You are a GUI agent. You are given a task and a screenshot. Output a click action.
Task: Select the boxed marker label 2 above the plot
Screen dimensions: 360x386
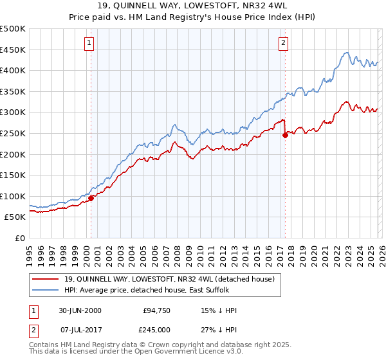[283, 43]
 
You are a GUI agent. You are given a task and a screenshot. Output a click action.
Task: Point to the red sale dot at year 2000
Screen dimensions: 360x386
[91, 198]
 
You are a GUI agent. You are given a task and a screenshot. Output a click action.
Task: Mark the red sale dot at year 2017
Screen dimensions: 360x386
[285, 134]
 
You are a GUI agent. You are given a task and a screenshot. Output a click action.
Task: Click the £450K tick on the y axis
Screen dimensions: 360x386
[13, 50]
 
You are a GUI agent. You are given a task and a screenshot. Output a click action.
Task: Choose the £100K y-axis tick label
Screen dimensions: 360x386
[13, 196]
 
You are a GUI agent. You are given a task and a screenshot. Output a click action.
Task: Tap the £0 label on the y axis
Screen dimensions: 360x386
[21, 238]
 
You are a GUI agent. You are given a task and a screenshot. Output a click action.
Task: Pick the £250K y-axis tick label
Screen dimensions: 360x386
[13, 133]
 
